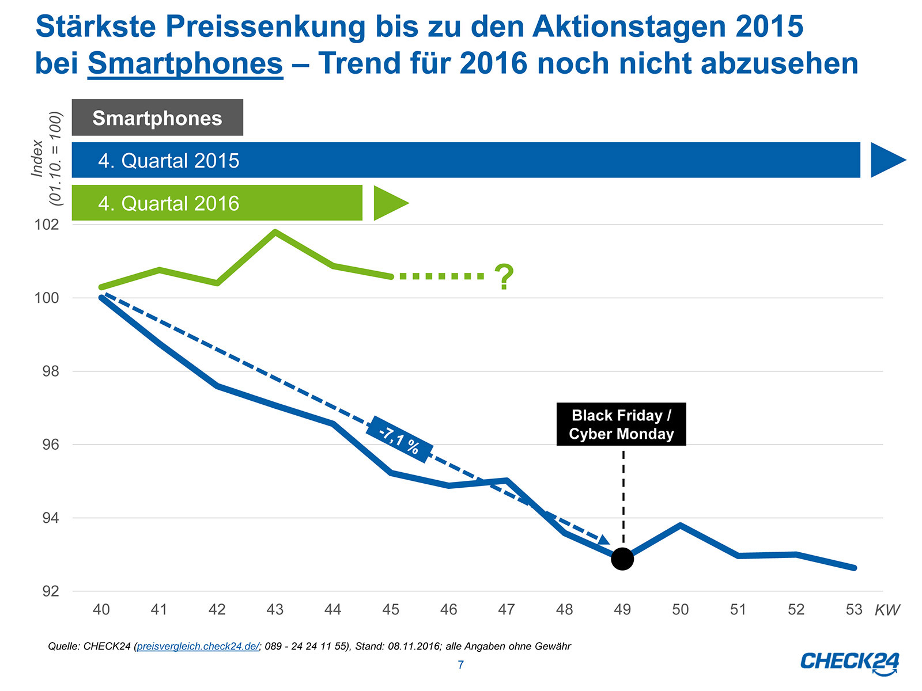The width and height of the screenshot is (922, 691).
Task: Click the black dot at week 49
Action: [622, 559]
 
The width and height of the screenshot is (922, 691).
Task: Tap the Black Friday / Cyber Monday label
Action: [621, 424]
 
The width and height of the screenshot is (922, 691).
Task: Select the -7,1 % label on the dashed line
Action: [399, 439]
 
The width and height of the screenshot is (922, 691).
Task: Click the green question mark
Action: [504, 277]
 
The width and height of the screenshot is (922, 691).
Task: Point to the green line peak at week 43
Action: [275, 232]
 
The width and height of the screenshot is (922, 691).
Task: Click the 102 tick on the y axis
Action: [47, 225]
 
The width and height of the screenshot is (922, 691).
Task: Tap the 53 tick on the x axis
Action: [853, 609]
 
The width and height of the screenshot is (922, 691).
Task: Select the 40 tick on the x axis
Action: [101, 609]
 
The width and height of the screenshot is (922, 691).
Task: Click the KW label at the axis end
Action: [887, 610]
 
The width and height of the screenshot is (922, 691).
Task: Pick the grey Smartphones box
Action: [157, 118]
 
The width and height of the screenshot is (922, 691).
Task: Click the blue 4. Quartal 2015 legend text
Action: [168, 161]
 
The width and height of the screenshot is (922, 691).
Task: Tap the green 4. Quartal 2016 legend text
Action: [168, 203]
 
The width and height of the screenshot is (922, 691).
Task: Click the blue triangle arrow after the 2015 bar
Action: [886, 160]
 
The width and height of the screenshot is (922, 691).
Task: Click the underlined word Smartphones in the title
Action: [185, 63]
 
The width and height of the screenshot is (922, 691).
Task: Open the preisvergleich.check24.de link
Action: [198, 646]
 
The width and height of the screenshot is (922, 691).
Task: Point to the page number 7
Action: [460, 665]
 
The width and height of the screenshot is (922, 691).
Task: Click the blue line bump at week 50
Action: [681, 525]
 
